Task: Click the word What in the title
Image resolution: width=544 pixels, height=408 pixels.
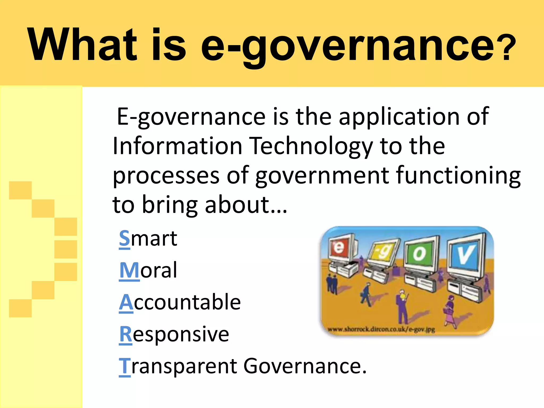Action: [82, 45]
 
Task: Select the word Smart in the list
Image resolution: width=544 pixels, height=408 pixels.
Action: [148, 238]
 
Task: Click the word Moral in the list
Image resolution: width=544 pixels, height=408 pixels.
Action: [148, 270]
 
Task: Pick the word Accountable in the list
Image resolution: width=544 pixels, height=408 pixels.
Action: [180, 302]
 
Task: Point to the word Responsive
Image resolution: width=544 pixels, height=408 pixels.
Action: [174, 334]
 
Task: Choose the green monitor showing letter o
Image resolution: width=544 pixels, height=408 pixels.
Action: [420, 254]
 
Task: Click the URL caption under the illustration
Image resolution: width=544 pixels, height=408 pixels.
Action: [381, 330]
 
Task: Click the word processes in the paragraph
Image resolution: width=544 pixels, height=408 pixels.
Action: [166, 176]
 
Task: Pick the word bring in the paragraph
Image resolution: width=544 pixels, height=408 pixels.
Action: [170, 205]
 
